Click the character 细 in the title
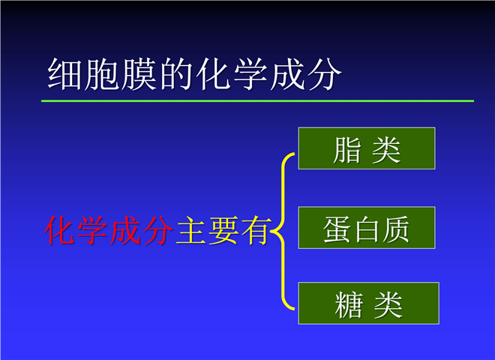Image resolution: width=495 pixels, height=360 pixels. pyautogui.click(x=64, y=74)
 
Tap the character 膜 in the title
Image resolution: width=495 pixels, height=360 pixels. pyautogui.click(x=139, y=74)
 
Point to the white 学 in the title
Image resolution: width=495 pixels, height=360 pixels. pyautogui.click(x=250, y=74)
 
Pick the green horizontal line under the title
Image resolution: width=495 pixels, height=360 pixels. pyautogui.click(x=257, y=101)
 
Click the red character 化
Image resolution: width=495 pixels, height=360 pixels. pyautogui.click(x=60, y=230)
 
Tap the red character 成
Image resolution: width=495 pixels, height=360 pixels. pyautogui.click(x=125, y=230)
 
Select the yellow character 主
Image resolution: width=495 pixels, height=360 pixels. pyautogui.click(x=191, y=230)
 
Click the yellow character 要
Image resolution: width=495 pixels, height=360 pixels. pyautogui.click(x=223, y=230)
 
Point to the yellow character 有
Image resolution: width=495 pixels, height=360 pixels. pyautogui.click(x=256, y=230)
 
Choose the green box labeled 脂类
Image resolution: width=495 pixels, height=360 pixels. pyautogui.click(x=367, y=148)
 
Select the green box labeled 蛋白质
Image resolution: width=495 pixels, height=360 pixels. pyautogui.click(x=367, y=228)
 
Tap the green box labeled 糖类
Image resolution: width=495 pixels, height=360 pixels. pyautogui.click(x=369, y=304)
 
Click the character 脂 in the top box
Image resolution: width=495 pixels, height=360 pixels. pyautogui.click(x=347, y=150)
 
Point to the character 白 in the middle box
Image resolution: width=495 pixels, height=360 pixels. pyautogui.click(x=367, y=229)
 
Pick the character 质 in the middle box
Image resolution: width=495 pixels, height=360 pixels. pyautogui.click(x=396, y=229)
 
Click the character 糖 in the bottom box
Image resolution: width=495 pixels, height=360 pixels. pyautogui.click(x=349, y=305)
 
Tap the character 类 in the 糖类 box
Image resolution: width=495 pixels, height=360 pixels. pyautogui.click(x=388, y=305)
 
